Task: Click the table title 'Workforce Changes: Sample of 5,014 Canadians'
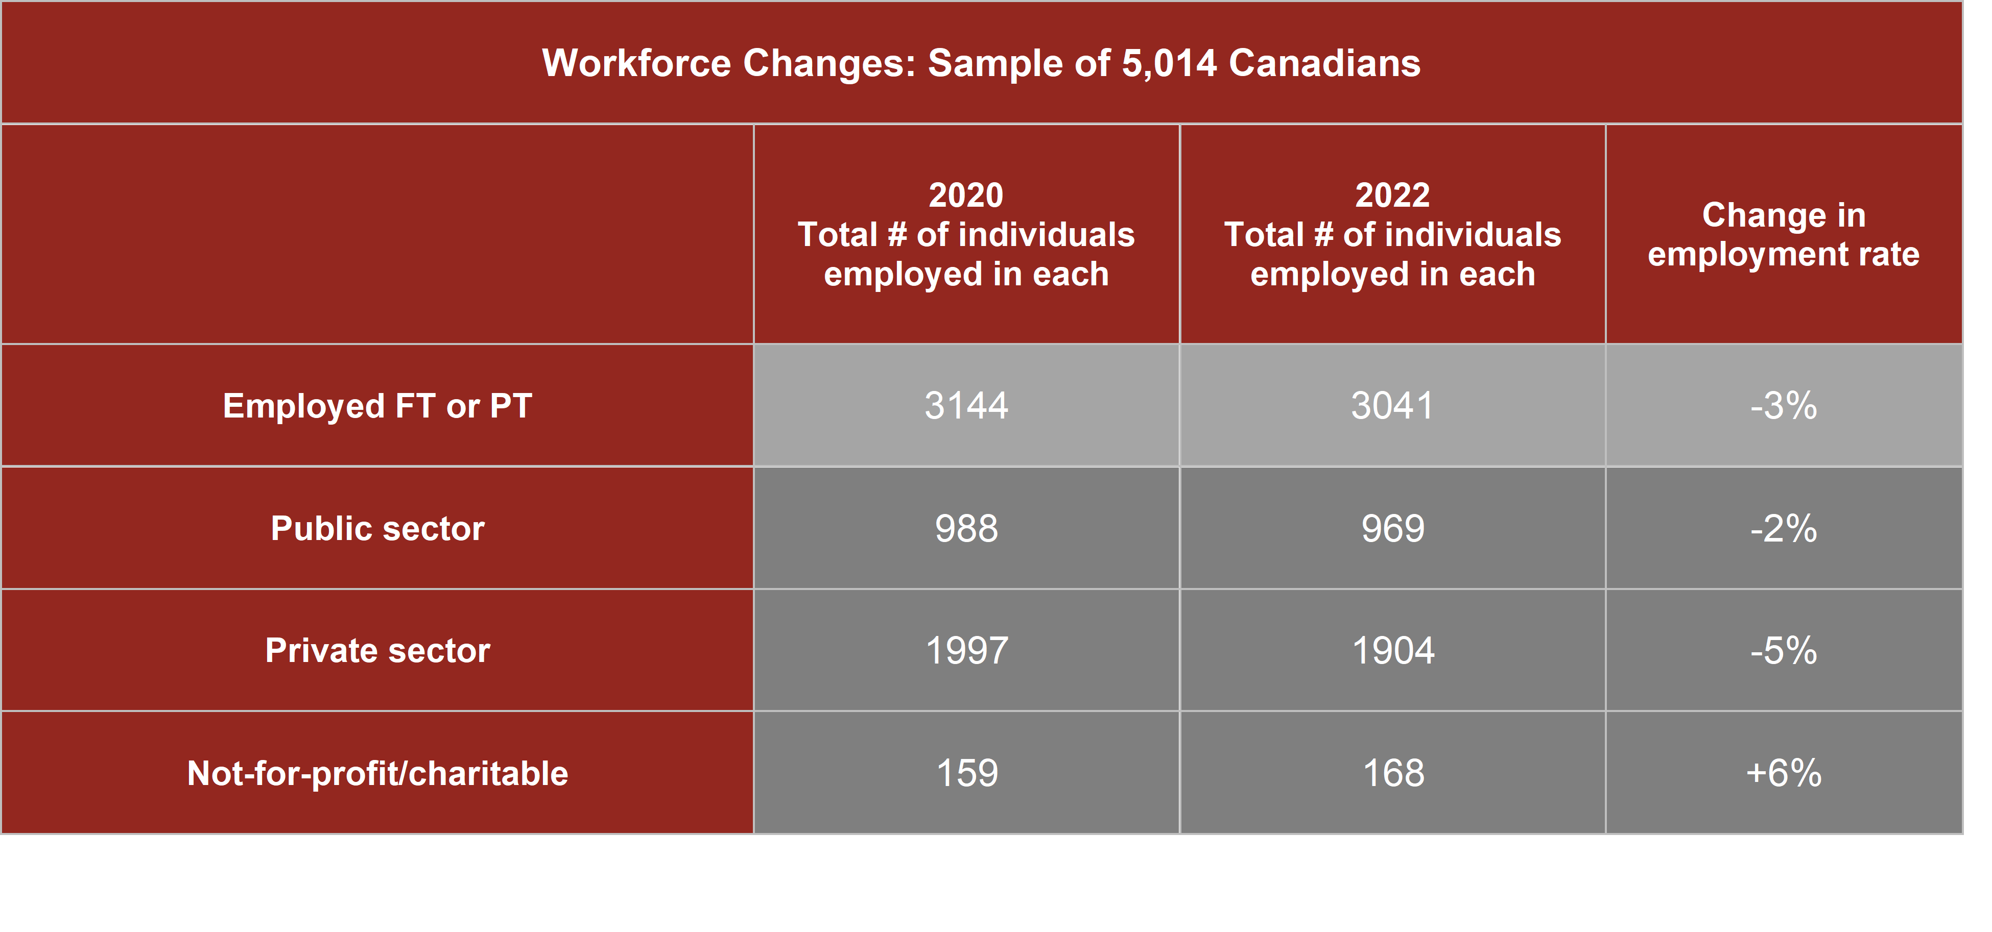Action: (981, 63)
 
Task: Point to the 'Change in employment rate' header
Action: (1783, 234)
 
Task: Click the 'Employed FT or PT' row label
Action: (377, 406)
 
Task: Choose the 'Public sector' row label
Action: (377, 529)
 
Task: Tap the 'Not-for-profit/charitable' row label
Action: (377, 773)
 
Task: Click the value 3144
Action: (966, 406)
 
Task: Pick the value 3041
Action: (1392, 406)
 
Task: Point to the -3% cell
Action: (1783, 406)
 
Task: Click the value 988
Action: (966, 529)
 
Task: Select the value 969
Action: (1392, 529)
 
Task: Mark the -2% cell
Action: (1783, 529)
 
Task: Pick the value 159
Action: (966, 773)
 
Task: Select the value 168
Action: (1392, 773)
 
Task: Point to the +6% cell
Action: (1783, 773)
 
